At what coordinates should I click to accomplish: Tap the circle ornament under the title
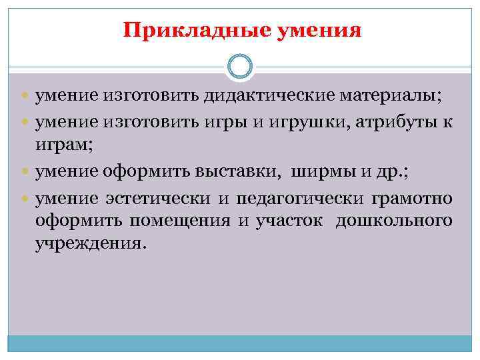click(x=240, y=66)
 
